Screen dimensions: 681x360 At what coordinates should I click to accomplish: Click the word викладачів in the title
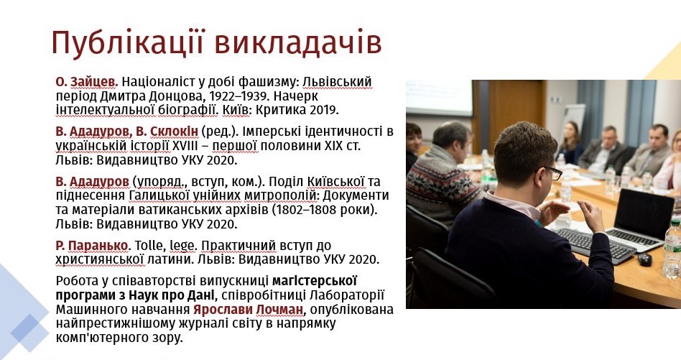point(298,43)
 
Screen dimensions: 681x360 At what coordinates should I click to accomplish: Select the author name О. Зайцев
point(87,82)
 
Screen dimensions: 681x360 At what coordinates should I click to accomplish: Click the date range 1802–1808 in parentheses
point(308,210)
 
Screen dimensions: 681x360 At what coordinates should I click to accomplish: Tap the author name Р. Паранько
point(92,246)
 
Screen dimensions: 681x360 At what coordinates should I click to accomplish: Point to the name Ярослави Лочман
point(248,310)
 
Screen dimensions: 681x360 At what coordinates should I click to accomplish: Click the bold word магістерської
point(315,281)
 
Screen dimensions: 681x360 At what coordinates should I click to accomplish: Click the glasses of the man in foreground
point(551,172)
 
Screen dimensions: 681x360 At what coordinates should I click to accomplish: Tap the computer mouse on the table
point(645,259)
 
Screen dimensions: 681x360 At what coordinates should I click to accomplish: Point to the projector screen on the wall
point(439,97)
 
